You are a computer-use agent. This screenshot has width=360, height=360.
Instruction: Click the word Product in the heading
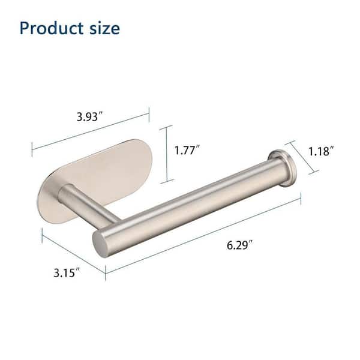pos(52,28)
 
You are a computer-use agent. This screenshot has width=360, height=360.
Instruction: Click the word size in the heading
pos(104,28)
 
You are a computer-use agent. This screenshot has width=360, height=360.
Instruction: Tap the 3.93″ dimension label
pos(90,116)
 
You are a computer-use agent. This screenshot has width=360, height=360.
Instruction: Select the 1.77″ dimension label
pos(187,150)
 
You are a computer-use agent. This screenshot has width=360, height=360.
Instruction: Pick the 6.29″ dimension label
pos(239,245)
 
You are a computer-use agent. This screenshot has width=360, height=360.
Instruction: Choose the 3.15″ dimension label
pos(67,272)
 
